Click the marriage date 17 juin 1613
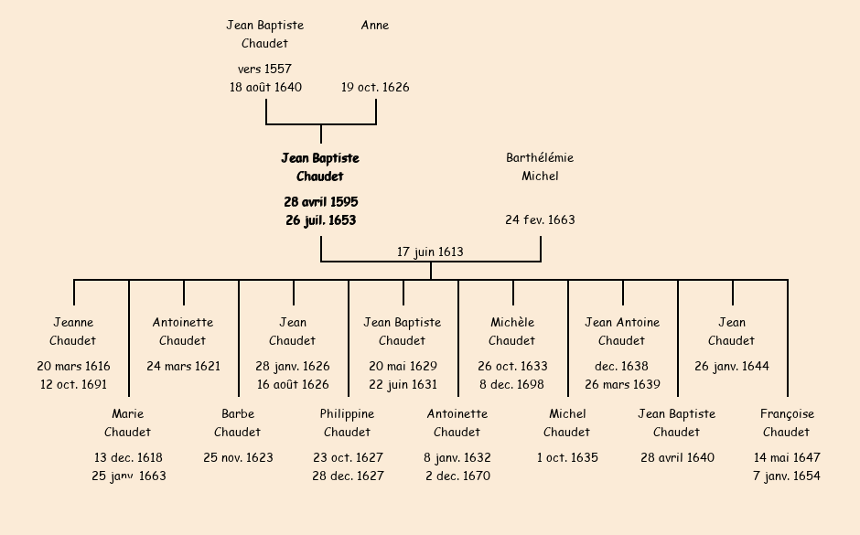[430, 251]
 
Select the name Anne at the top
[375, 26]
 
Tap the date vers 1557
[264, 69]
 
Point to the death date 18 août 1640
[265, 88]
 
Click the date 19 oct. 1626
[375, 88]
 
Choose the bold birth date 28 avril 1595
[320, 201]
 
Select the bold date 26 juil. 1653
[320, 220]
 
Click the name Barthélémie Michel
[540, 166]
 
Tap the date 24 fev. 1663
[540, 219]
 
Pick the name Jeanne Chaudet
[73, 331]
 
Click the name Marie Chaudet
[127, 423]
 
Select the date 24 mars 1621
[183, 366]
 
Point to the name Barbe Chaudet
[238, 423]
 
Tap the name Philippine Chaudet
[348, 423]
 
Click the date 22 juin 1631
[403, 384]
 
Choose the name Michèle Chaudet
[512, 331]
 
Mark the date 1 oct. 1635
[567, 457]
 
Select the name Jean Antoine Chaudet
[622, 331]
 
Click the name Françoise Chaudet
[787, 423]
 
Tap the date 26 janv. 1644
[732, 366]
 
